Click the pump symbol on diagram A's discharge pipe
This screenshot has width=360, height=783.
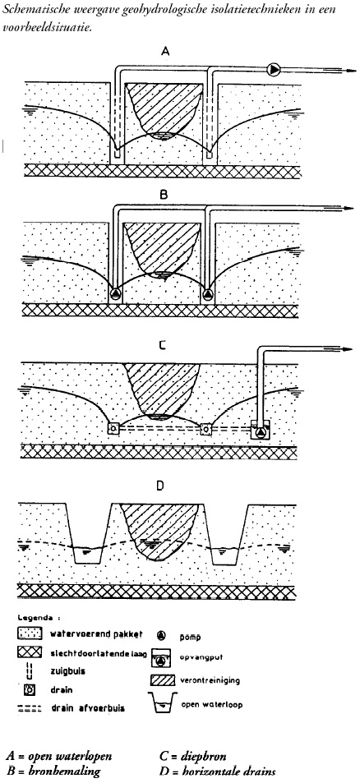pos(274,70)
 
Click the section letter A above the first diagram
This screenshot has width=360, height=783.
pos(165,50)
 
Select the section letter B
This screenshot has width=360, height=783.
pos(163,196)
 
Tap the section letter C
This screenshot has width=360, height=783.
pos(161,343)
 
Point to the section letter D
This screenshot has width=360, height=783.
pos(159,485)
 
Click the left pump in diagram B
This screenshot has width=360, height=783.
pos(115,293)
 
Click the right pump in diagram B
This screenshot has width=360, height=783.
pos(207,293)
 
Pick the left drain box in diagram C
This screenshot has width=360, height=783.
pos(113,428)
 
